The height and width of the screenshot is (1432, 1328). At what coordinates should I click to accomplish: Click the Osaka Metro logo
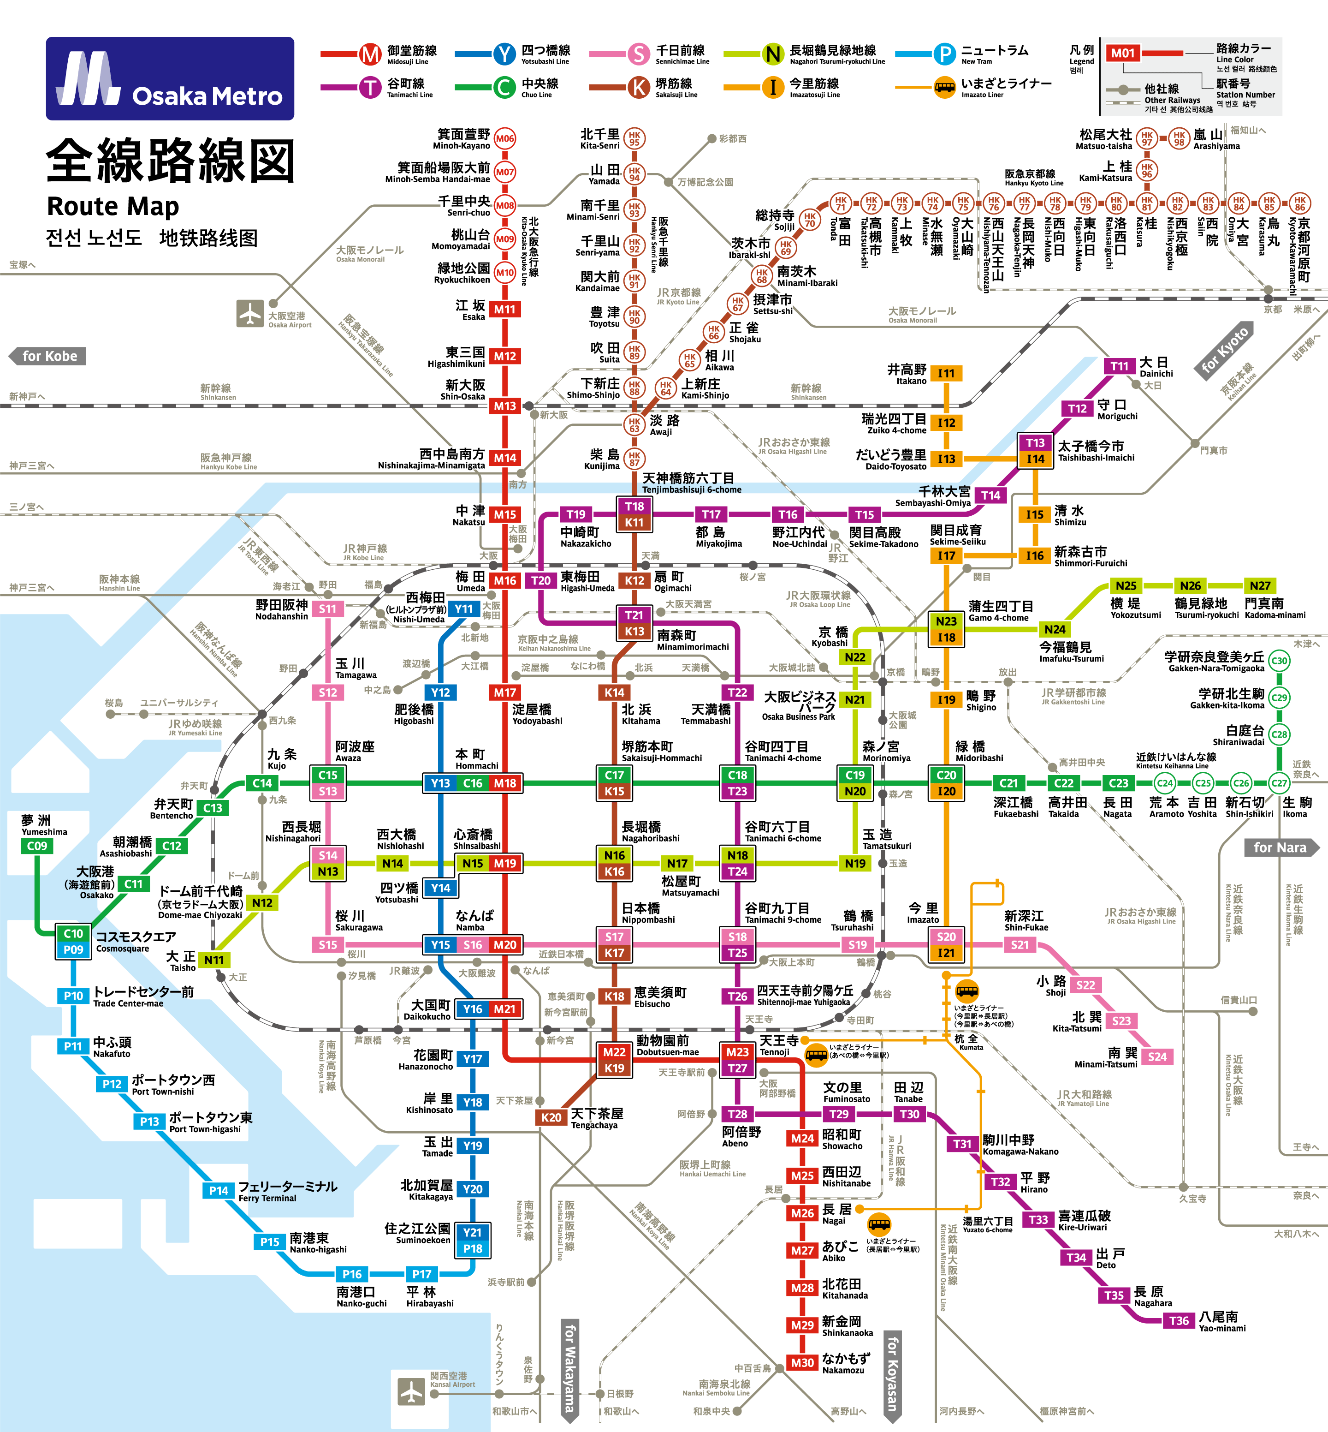tap(170, 78)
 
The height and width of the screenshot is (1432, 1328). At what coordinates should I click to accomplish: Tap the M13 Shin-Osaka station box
tap(504, 406)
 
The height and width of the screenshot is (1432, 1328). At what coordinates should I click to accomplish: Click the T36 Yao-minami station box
tap(1179, 1320)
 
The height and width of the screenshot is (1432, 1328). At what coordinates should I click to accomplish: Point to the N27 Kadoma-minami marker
tap(1260, 586)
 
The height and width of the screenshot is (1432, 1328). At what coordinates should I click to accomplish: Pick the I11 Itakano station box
tap(946, 374)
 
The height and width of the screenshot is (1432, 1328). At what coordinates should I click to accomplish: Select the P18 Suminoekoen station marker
tap(473, 1249)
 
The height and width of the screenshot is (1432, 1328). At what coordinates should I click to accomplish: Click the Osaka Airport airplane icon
tap(250, 313)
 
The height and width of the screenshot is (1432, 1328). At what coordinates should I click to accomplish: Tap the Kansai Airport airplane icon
tap(412, 1391)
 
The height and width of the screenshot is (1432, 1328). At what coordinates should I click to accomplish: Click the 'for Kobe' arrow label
tap(47, 356)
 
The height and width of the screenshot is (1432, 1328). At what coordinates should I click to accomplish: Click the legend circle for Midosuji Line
tap(370, 54)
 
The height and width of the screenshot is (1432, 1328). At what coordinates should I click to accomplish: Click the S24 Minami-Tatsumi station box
tap(1157, 1057)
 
